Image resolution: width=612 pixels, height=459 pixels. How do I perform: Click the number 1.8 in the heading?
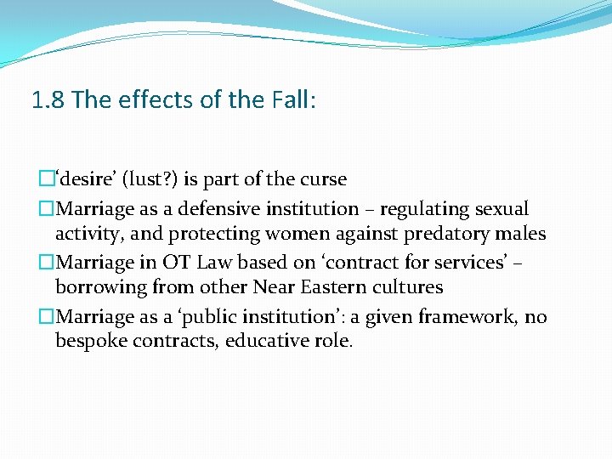pyautogui.click(x=48, y=101)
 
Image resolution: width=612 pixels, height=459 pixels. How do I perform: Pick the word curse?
pyautogui.click(x=320, y=179)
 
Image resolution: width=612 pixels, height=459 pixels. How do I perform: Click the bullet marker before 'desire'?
pyautogui.click(x=47, y=179)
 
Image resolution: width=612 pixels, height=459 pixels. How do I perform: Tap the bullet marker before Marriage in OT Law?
pyautogui.click(x=47, y=263)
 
